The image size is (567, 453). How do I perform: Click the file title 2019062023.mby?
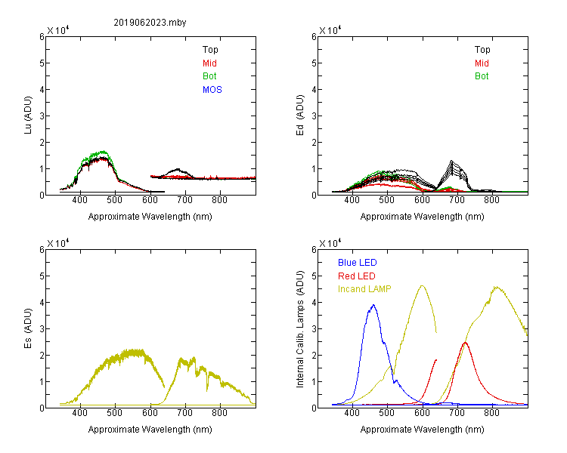click(x=150, y=23)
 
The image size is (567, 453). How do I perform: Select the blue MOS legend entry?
click(x=212, y=90)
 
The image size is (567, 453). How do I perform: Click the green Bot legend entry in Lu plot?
click(x=209, y=76)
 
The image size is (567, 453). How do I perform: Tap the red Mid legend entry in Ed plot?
click(x=482, y=63)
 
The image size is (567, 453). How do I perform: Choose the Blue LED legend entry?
click(x=358, y=263)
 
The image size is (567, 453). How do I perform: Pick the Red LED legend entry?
click(x=357, y=276)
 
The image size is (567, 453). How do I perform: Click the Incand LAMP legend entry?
click(x=364, y=289)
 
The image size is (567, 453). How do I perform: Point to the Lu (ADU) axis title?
click(x=28, y=116)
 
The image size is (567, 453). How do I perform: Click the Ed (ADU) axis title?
click(x=300, y=116)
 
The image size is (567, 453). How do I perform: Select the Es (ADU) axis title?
click(x=28, y=328)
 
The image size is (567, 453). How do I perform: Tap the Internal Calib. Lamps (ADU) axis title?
click(x=300, y=329)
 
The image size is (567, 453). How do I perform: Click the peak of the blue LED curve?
click(x=373, y=305)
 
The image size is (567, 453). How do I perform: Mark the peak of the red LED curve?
click(x=466, y=343)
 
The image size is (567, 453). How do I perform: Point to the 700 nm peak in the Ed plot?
click(x=451, y=161)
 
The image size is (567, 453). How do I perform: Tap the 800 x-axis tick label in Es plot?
click(x=219, y=413)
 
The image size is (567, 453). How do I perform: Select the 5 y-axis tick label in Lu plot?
click(x=42, y=63)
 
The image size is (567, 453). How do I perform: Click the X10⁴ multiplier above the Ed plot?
click(x=330, y=30)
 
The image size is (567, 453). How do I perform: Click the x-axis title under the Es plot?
click(x=150, y=430)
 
